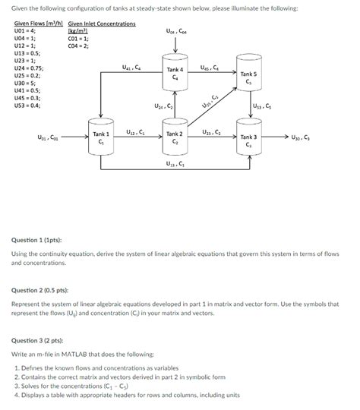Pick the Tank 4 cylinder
[x=175, y=74]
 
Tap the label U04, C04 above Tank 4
[x=175, y=32]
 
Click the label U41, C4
[x=130, y=68]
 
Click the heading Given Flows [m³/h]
[x=37, y=24]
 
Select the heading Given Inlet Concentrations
[x=102, y=24]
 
